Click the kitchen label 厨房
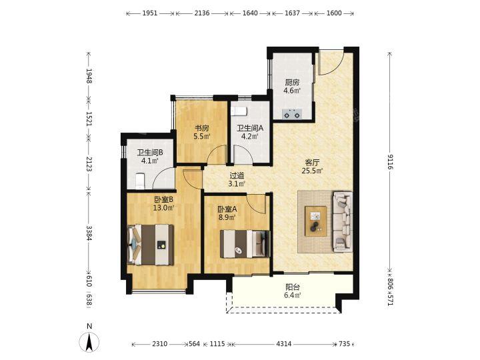coord(293,83)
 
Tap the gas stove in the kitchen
coord(292,114)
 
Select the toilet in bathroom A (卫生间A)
coord(239,111)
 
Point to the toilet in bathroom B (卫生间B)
coord(140,181)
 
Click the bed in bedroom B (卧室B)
coord(150,245)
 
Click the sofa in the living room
coord(343,222)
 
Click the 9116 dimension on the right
coord(390,161)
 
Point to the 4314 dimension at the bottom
coord(284,344)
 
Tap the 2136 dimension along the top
coord(202,13)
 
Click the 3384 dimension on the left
coord(89,233)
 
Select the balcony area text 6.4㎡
coord(293,295)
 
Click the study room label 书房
coord(202,128)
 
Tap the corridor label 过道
coord(237,176)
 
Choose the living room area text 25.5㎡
coord(313,171)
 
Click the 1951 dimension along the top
coord(150,13)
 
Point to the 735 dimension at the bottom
coord(344,344)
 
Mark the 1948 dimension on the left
coord(89,75)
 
